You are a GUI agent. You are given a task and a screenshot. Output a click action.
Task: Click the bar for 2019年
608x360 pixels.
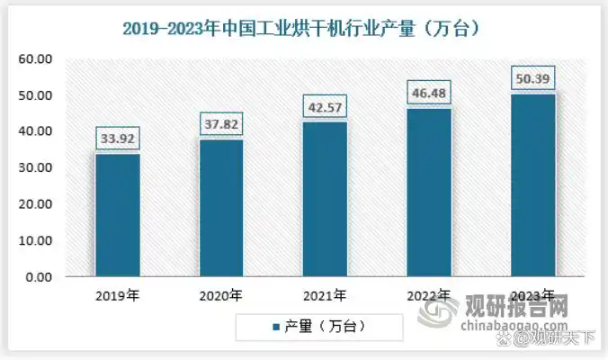pyautogui.click(x=117, y=216)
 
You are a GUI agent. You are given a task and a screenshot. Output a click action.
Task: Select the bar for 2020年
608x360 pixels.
pyautogui.click(x=221, y=209)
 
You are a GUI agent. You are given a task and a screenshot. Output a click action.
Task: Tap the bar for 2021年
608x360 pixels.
pyautogui.click(x=325, y=200)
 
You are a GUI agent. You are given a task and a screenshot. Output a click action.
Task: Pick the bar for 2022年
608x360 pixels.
pyautogui.click(x=429, y=193)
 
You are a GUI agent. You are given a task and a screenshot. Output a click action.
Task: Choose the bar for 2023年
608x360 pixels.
pyautogui.click(x=532, y=185)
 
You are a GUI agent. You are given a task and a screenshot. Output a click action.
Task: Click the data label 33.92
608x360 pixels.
pyautogui.click(x=117, y=140)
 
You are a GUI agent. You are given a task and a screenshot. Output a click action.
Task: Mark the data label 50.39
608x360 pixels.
pyautogui.click(x=532, y=79)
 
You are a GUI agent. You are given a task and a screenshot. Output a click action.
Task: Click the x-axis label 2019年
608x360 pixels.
pyautogui.click(x=117, y=295)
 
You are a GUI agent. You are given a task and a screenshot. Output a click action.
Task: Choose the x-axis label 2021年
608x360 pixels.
pyautogui.click(x=325, y=295)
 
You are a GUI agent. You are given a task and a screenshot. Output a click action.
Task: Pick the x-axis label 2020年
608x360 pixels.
pyautogui.click(x=221, y=295)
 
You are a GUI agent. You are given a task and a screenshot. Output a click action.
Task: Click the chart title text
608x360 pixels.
pyautogui.click(x=304, y=28)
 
